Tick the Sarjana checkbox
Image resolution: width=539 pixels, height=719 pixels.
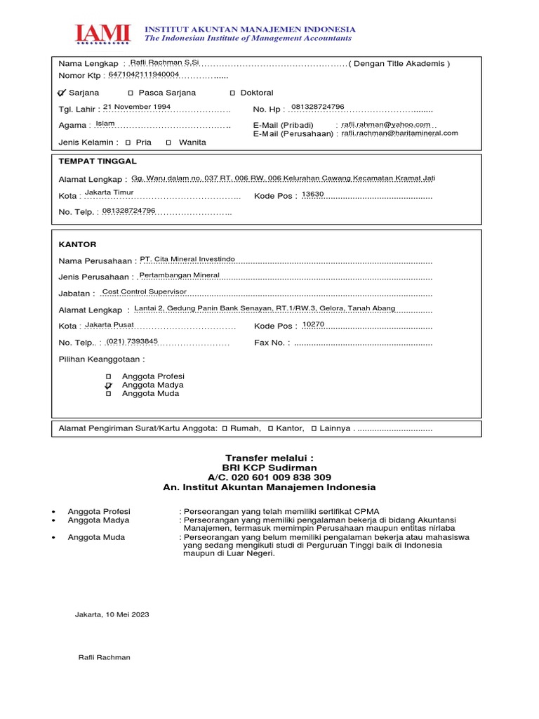(62, 93)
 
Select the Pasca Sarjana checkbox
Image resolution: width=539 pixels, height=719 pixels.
(131, 93)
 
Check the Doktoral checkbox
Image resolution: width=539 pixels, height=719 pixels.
(232, 93)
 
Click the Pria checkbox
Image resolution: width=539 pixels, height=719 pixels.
(128, 142)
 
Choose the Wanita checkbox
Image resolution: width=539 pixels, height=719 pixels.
(168, 142)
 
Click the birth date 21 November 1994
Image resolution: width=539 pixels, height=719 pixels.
(137, 107)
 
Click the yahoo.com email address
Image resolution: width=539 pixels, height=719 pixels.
(385, 124)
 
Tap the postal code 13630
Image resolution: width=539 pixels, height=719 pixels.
(312, 194)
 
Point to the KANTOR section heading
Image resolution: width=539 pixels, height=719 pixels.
(76, 244)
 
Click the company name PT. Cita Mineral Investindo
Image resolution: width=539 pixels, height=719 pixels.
(187, 259)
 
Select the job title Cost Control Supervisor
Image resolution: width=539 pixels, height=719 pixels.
(145, 291)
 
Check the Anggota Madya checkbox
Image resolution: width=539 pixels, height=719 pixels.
(108, 385)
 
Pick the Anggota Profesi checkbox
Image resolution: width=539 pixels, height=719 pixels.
(108, 377)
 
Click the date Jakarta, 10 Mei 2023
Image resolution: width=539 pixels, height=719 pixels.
(112, 614)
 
